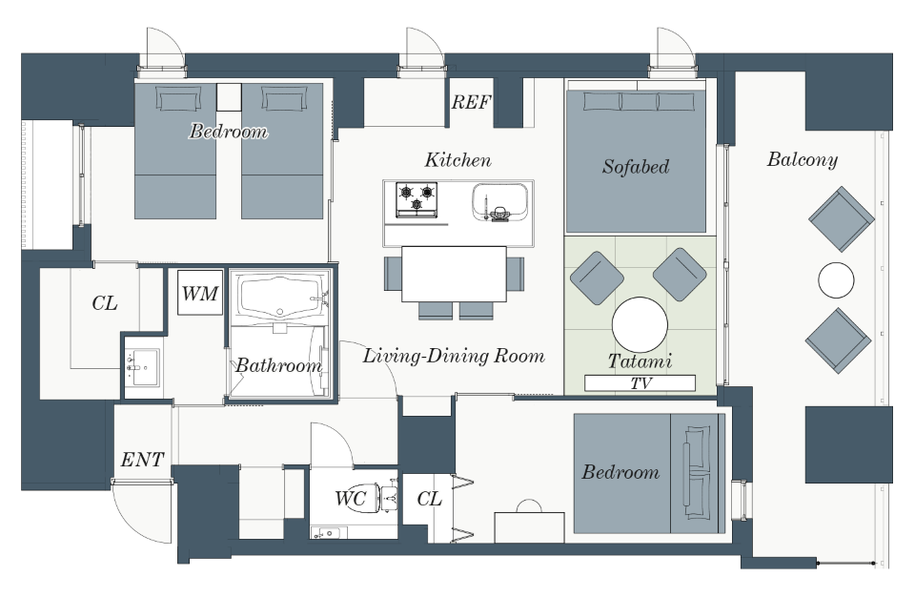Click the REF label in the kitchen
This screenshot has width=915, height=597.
point(471,102)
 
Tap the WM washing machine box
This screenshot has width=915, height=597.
point(200,292)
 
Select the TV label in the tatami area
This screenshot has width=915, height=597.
point(640,383)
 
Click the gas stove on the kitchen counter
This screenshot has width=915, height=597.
point(417,199)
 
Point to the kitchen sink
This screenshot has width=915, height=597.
point(500,201)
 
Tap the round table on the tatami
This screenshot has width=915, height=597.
point(640,325)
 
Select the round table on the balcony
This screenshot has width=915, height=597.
point(836,280)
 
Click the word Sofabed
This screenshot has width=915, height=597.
point(636,167)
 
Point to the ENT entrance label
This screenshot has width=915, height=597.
point(142,460)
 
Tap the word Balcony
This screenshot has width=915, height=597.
point(803,159)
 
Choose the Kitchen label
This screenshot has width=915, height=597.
point(458,160)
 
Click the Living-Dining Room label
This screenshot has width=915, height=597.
point(454,356)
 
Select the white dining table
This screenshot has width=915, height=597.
point(454,274)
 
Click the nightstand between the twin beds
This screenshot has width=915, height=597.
point(229,97)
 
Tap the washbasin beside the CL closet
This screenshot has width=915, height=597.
point(142,367)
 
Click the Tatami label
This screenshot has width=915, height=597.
point(640,361)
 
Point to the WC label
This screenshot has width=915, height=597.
point(350,498)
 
